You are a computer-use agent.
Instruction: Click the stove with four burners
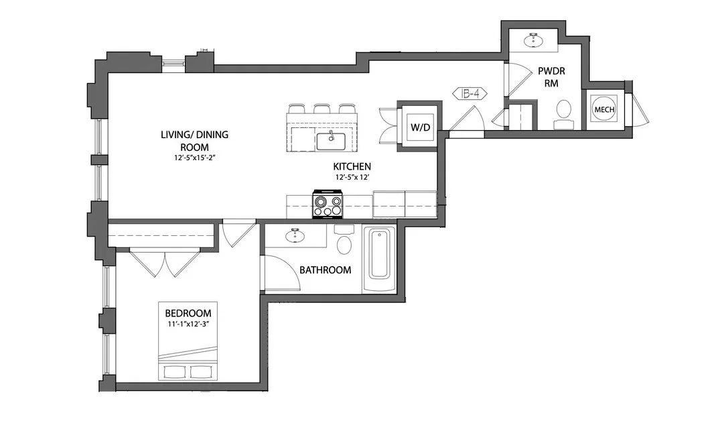(x=328, y=204)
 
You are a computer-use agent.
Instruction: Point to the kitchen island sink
(x=330, y=141)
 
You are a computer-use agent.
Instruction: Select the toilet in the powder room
(x=563, y=110)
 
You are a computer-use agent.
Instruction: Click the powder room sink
(x=535, y=40)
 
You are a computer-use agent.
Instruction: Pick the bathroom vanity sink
(x=295, y=236)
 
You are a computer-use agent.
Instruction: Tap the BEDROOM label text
(x=188, y=313)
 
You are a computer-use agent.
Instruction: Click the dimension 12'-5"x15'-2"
(x=194, y=159)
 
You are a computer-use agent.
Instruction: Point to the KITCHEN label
(x=352, y=166)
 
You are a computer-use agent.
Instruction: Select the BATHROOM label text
(x=325, y=270)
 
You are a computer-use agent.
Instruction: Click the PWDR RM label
(x=547, y=76)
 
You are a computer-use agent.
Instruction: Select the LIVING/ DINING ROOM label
(x=194, y=141)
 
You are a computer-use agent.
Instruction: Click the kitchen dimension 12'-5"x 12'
(x=352, y=178)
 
